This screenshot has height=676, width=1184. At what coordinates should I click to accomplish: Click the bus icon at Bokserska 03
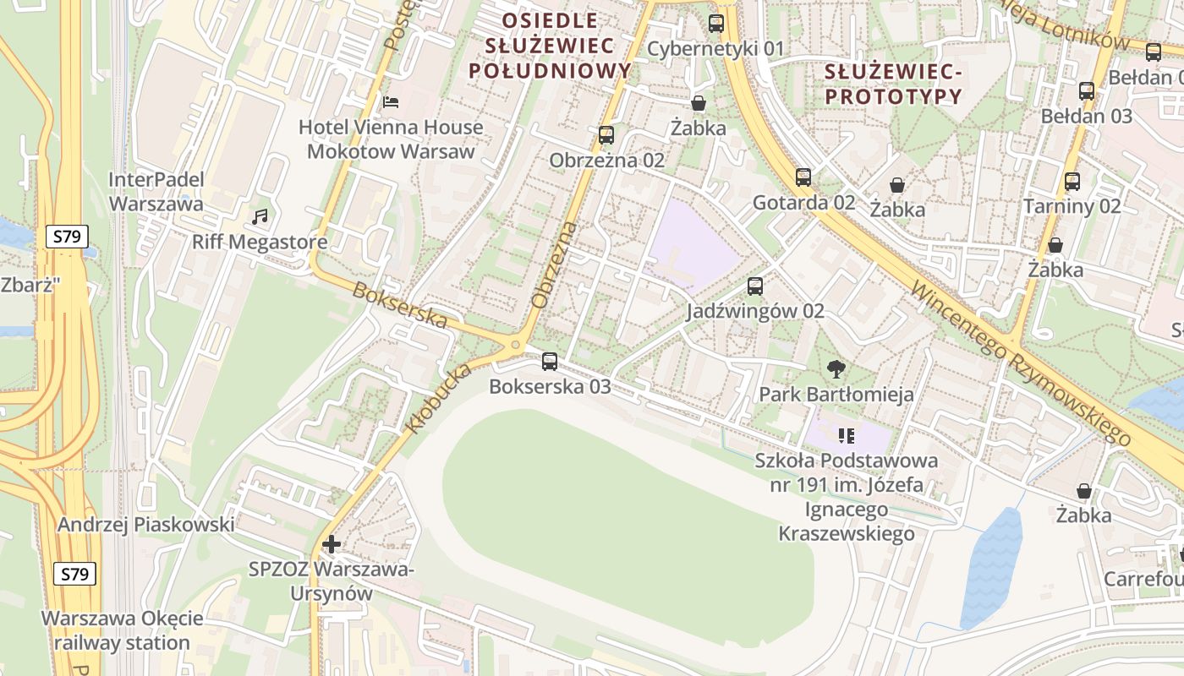click(550, 362)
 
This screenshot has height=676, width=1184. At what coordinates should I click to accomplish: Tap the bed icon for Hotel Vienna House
click(390, 102)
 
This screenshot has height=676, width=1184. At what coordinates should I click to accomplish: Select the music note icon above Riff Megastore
click(260, 217)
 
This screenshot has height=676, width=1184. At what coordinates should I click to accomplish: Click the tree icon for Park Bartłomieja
click(836, 368)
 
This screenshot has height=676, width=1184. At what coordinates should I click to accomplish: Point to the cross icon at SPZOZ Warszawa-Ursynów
click(332, 543)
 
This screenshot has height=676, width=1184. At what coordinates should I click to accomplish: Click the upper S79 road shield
click(67, 237)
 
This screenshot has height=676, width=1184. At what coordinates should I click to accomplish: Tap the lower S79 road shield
click(74, 575)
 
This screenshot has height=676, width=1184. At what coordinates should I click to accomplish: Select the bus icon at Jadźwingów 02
click(755, 286)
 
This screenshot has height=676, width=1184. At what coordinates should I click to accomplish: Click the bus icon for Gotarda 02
click(803, 177)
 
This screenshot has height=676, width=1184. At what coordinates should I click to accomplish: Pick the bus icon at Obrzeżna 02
click(606, 134)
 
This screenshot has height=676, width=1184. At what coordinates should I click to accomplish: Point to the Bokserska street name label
click(399, 305)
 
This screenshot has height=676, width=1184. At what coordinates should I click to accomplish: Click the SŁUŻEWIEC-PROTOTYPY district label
click(893, 84)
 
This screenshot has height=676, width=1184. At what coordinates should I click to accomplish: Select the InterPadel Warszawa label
click(156, 192)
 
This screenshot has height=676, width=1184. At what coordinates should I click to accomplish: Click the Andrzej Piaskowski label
click(145, 525)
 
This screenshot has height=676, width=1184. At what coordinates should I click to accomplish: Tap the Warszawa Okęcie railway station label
click(122, 630)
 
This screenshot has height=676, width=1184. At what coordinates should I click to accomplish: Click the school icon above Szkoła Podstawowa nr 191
click(847, 436)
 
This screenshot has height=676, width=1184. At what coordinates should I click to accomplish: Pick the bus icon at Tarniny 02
click(1072, 181)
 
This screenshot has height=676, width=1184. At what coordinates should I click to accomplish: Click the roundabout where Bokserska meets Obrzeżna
click(515, 345)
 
